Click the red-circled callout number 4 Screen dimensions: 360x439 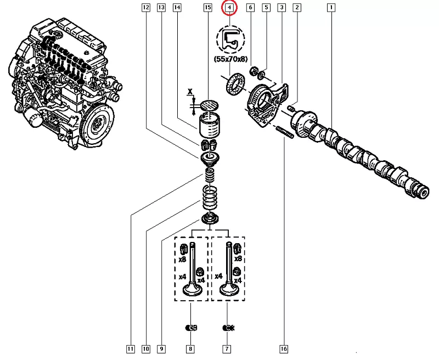pos(229,8)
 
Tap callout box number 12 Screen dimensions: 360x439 pos(145,8)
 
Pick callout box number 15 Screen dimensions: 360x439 pos(207,8)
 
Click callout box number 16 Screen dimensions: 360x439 pos(284,348)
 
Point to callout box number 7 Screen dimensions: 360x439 pos(226,348)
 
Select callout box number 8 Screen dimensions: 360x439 pos(190,348)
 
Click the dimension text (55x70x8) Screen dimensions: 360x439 pos(229,59)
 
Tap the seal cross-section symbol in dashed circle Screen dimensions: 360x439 pos(229,39)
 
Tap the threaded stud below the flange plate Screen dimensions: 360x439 pos(285,132)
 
